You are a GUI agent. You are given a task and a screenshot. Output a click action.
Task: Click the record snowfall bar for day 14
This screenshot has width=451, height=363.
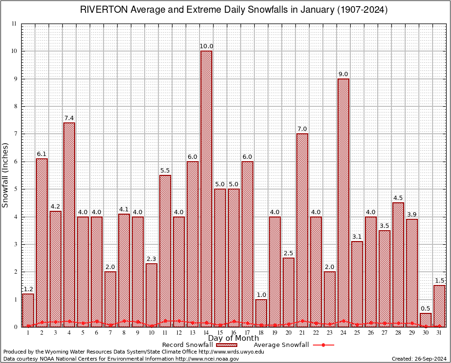[206, 189]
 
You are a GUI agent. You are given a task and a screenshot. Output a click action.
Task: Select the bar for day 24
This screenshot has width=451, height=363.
[343, 203]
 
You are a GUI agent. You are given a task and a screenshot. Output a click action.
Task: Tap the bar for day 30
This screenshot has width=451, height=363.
[425, 320]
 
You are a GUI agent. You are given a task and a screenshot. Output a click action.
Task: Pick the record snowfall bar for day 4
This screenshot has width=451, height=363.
[69, 225]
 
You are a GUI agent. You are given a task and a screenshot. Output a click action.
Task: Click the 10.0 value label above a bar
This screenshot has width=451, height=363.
[206, 46]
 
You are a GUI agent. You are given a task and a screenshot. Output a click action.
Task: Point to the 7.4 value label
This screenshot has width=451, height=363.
[69, 118]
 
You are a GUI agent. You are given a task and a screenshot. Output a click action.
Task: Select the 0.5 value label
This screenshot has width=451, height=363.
[425, 309]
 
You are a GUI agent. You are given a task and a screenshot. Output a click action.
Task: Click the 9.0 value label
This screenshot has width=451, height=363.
[343, 74]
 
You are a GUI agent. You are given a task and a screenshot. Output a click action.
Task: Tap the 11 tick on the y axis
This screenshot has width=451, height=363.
[14, 24]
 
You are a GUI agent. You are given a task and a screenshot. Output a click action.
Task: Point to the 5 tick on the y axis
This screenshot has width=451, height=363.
[16, 189]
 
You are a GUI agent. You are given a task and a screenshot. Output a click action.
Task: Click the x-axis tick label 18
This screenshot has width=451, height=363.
[261, 333]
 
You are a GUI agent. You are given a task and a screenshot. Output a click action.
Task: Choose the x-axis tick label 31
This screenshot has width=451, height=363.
[439, 333]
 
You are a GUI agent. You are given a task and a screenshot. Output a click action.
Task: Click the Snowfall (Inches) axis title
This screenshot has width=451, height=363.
[6, 175]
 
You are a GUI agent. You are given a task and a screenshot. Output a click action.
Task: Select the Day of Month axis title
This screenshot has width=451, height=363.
[233, 338]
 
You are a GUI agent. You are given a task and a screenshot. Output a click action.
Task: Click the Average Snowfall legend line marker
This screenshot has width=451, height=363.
[323, 345]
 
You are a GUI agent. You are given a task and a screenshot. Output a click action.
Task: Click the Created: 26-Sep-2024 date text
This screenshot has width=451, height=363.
[419, 359]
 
